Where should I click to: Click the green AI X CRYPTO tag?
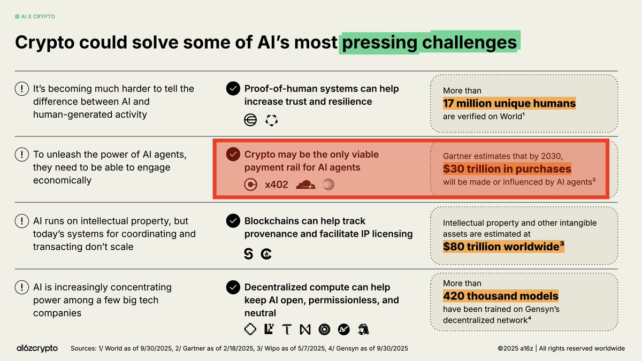35,17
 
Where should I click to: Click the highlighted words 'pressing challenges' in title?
429,42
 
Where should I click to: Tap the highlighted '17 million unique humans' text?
509,103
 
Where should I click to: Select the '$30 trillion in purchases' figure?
507,169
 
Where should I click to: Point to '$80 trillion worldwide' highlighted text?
503,247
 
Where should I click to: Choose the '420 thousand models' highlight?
500,296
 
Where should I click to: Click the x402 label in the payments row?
276,185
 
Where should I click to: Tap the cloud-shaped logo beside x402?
305,185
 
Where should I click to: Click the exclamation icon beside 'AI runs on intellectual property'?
22,221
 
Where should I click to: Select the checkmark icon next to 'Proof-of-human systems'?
233,89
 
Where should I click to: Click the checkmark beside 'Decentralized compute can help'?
233,287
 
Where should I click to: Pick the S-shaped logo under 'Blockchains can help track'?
248,254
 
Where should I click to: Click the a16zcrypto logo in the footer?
37,348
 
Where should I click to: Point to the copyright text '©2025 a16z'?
515,348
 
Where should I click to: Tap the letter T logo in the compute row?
287,329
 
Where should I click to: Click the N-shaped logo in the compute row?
305,329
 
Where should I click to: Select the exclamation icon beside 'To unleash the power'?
22,155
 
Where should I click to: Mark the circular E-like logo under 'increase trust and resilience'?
250,120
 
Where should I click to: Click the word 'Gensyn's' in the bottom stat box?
542,309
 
